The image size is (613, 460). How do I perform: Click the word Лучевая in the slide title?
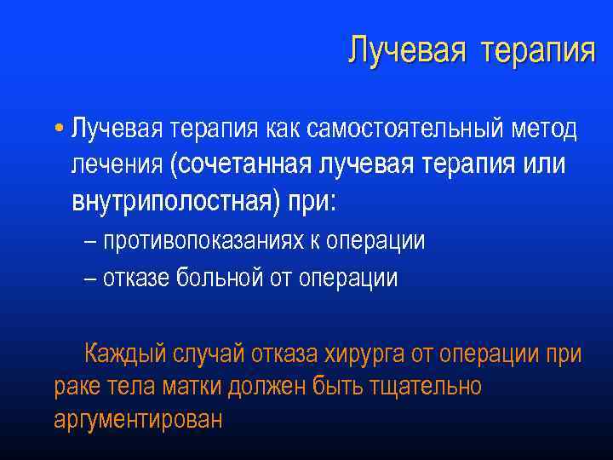pos(407,50)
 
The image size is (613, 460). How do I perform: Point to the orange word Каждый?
pos(124,354)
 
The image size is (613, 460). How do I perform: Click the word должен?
pos(269,387)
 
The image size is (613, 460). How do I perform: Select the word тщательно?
pos(425,387)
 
